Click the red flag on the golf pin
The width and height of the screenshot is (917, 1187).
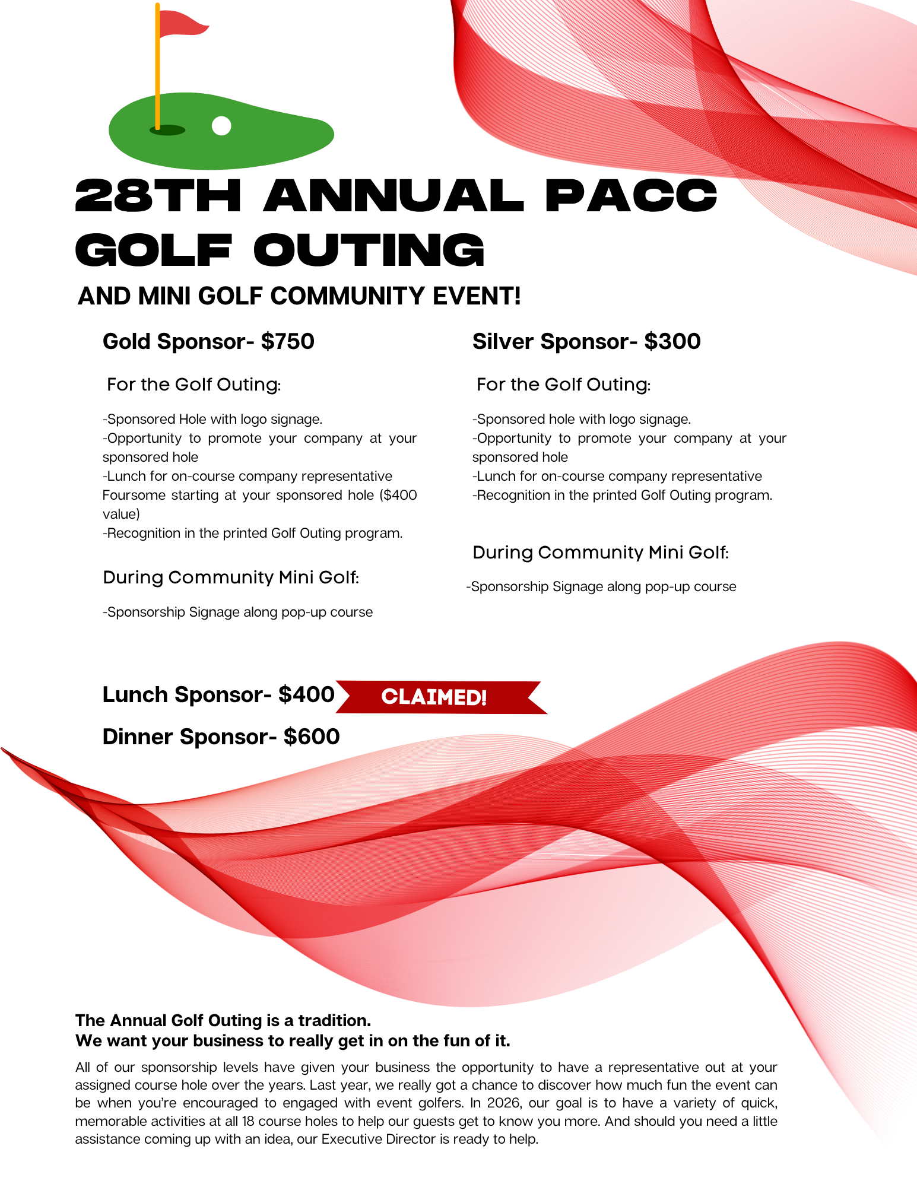coord(182,23)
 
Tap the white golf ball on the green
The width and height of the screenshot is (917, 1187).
coord(221,126)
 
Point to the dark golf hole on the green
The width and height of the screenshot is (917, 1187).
coord(168,130)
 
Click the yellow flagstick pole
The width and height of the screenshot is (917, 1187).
coord(157,71)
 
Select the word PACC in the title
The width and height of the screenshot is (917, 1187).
coord(631,196)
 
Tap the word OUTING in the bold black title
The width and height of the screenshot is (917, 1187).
coord(369,250)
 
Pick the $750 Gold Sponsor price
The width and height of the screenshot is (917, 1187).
coord(288,342)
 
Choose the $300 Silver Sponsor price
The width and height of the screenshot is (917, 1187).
coord(672,342)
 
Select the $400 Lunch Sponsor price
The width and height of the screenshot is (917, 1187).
coord(306,694)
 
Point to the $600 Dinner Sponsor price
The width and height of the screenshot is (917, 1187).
coord(312,737)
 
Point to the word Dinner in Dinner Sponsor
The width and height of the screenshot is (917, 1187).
coord(138,737)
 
